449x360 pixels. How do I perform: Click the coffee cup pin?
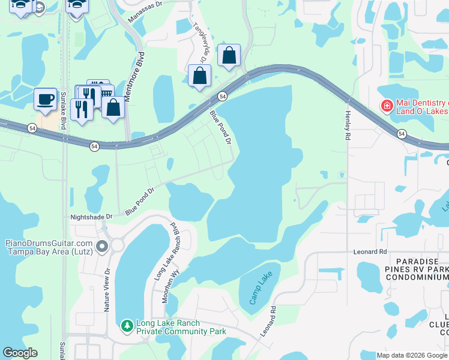(x=45, y=98)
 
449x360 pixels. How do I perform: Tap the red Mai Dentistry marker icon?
(x=387, y=106)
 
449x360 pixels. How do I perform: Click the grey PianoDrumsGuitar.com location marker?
(x=101, y=246)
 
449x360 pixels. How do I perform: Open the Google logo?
(x=20, y=353)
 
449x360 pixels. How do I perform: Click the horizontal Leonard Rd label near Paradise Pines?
(x=370, y=251)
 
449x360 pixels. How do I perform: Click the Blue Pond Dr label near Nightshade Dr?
(x=140, y=201)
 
